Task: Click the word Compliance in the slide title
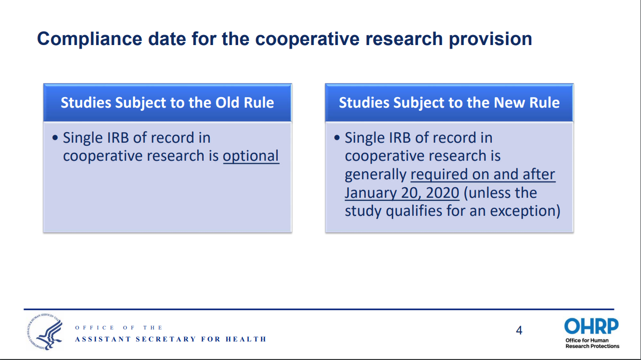tap(90, 39)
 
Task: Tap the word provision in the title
tap(490, 39)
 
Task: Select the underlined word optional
tap(251, 156)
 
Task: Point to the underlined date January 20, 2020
tap(402, 193)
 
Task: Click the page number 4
tap(519, 330)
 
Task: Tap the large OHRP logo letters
tap(591, 326)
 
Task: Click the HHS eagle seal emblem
tap(45, 331)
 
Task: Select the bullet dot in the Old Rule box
tap(55, 138)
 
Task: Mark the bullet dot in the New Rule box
tap(337, 138)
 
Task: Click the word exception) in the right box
tap(525, 211)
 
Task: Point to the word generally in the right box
tap(375, 175)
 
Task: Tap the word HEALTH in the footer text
tap(246, 339)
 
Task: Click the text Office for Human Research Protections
tap(592, 343)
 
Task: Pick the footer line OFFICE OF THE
tap(119, 327)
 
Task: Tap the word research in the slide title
tap(404, 39)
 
